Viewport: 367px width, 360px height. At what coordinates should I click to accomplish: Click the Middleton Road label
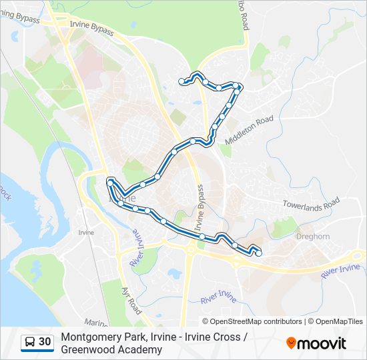250,130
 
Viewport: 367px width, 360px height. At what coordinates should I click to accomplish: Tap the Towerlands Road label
311,204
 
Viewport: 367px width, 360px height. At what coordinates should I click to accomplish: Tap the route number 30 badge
45,342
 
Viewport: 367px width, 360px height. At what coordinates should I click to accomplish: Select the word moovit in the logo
322,343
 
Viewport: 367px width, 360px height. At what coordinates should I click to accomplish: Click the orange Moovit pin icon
291,343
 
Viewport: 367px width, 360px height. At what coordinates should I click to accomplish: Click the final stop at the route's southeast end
258,253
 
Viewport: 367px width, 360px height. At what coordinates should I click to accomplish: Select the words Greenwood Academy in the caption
111,349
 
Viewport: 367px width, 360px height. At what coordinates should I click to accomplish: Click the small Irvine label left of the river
86,233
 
